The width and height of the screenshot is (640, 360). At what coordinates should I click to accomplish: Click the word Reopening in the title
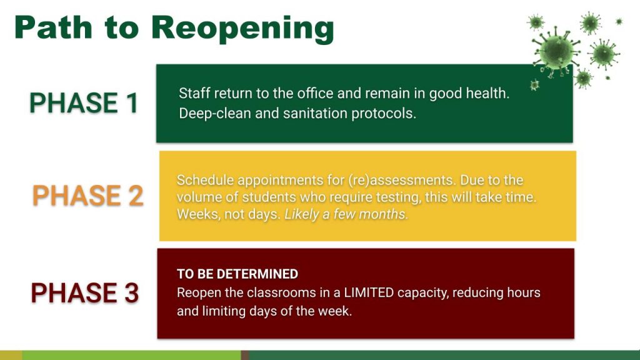pos(243,29)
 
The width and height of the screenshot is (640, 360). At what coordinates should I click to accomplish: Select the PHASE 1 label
pos(84,102)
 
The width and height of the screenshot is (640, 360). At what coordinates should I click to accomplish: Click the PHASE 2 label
pos(87,195)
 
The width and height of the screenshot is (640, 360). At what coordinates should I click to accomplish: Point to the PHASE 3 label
pos(85,292)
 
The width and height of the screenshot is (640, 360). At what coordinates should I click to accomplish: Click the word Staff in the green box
pos(195,94)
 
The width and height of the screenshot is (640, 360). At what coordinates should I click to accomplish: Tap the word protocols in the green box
pos(383,114)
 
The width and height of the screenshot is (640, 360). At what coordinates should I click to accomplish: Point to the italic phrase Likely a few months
pos(346,214)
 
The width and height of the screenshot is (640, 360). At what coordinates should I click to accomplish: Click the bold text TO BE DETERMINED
pos(237,274)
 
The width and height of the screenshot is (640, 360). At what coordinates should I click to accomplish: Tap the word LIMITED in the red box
pos(369,292)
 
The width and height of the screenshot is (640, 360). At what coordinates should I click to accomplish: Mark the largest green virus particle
pos(556,52)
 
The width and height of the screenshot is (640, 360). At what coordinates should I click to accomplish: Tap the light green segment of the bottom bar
pos(131,355)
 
